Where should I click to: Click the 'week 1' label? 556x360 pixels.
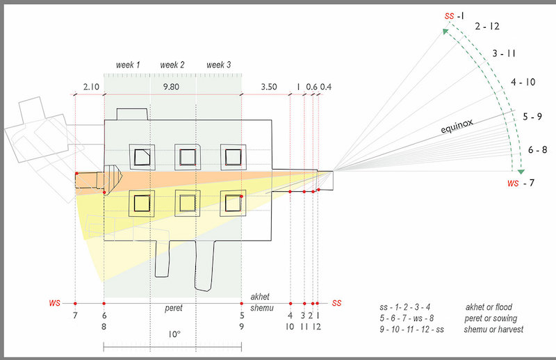tap(127, 65)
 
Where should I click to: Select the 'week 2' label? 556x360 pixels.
tap(172, 65)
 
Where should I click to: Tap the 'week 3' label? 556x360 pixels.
tap(219, 65)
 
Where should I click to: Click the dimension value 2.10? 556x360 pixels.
tap(91, 87)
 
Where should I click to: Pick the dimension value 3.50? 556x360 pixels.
tap(268, 87)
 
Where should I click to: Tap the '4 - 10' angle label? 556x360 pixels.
tap(523, 82)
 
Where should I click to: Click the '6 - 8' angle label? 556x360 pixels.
tap(538, 149)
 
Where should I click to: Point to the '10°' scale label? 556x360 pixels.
tap(174, 334)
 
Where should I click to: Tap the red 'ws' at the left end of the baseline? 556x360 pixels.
tap(54, 304)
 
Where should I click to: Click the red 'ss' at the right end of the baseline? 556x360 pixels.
tap(336, 303)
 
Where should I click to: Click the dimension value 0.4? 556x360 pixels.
tap(326, 87)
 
